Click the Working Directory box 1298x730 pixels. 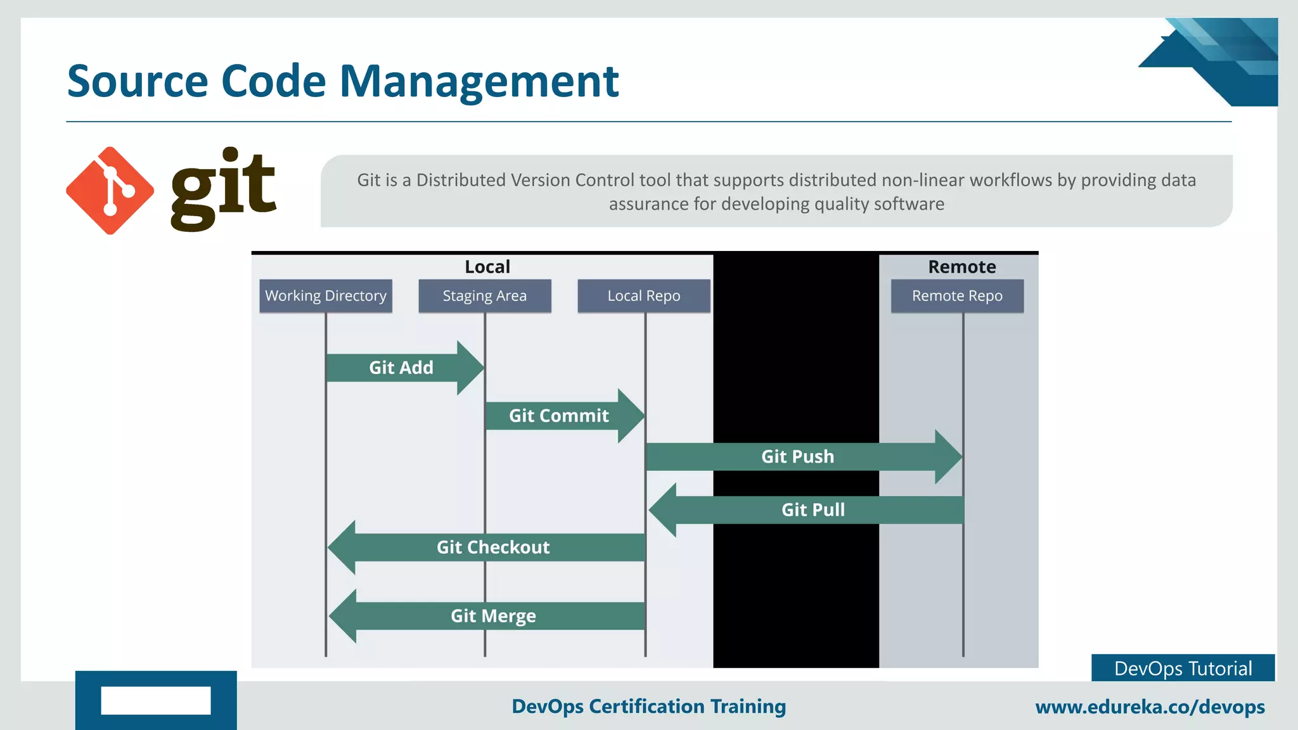pos(326,296)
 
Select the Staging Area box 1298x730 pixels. pos(485,296)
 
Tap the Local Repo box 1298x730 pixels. pos(644,296)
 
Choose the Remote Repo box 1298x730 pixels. pos(957,296)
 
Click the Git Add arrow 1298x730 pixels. pos(402,368)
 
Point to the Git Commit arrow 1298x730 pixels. pos(560,416)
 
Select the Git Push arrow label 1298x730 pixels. pos(797,457)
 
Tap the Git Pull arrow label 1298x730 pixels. pos(813,510)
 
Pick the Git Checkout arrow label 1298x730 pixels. pos(493,547)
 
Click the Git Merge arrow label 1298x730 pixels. pos(493,616)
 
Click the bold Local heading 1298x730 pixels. pos(487,267)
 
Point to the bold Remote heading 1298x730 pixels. pos(961,267)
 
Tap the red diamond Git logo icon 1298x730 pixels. pos(110,191)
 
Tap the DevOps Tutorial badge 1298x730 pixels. pos(1183,669)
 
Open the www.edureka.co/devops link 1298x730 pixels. pos(1150,707)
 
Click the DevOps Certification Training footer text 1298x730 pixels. pos(648,707)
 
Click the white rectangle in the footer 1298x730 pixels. pos(156,700)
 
